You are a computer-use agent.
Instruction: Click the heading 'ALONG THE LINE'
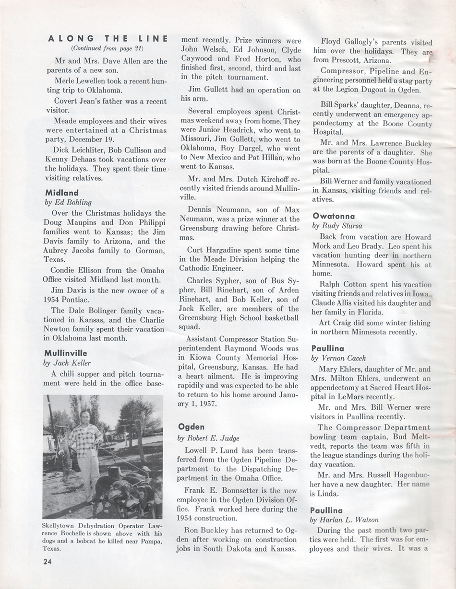coord(108,39)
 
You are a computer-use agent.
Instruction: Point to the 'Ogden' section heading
coord(192,426)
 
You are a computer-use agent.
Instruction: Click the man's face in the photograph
coord(86,417)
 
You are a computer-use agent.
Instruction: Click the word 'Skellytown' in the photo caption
coord(61,526)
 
